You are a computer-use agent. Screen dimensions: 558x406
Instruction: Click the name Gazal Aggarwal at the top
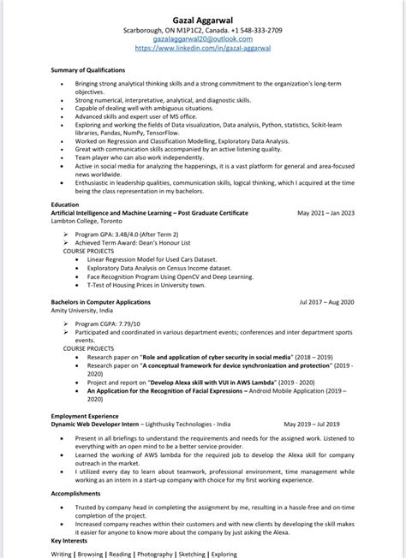(203, 17)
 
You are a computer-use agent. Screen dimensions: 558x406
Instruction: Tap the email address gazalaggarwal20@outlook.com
(203, 39)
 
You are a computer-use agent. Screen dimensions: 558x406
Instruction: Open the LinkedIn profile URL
(203, 49)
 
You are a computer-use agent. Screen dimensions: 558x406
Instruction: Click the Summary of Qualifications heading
(87, 69)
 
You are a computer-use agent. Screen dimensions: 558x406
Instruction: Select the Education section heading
(64, 205)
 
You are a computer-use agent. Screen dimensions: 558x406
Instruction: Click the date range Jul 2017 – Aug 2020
(326, 302)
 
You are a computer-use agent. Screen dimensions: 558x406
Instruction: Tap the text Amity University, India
(83, 310)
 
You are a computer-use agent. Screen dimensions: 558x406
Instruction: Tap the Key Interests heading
(69, 540)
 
